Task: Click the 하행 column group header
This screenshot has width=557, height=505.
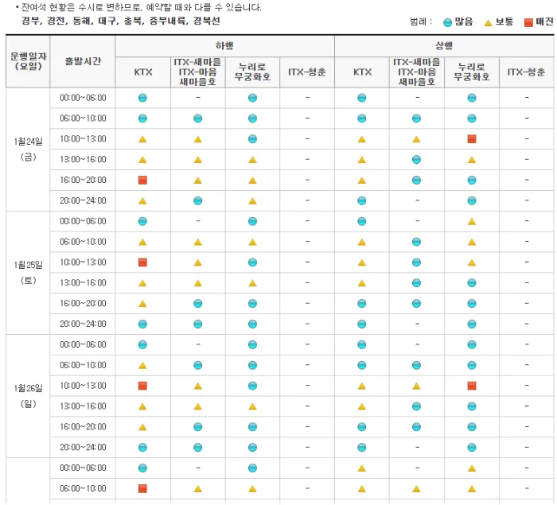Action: [x=224, y=46]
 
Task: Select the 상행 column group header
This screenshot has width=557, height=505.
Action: [x=444, y=46]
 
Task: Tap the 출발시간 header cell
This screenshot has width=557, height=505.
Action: [x=83, y=61]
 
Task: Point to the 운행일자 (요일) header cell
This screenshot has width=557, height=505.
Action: [x=29, y=61]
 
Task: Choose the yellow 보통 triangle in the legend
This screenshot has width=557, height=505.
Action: [x=488, y=22]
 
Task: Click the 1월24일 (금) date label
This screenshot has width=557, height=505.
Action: [x=29, y=149]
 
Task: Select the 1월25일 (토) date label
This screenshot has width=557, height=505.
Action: [x=29, y=272]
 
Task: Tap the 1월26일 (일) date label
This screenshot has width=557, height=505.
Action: [x=29, y=395]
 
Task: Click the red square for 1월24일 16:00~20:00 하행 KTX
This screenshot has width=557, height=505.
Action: [x=142, y=181]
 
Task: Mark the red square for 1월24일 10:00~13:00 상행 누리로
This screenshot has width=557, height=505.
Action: [x=472, y=139]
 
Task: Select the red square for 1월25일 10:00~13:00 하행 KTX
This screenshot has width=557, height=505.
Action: [x=142, y=262]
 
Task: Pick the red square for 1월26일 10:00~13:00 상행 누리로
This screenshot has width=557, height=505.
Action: [x=472, y=386]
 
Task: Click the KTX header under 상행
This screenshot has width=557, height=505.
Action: [x=362, y=72]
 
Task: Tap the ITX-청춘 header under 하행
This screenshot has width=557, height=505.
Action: [x=306, y=72]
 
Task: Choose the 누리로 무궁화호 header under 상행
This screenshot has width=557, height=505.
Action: [x=472, y=72]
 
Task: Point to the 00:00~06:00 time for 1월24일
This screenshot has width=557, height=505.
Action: [x=83, y=98]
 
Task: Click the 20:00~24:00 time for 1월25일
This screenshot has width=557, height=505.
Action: [x=83, y=324]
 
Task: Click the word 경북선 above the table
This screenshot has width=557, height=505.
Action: [x=209, y=22]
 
